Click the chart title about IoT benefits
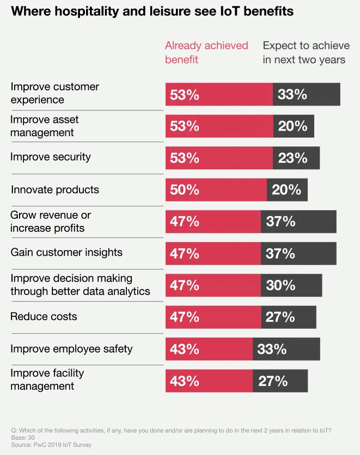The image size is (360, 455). [152, 12]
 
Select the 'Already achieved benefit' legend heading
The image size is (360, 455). [206, 52]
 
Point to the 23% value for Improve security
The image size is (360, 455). [292, 158]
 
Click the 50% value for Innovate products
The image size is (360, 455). [185, 189]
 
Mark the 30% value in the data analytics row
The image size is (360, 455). [280, 285]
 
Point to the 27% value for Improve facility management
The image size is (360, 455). [273, 380]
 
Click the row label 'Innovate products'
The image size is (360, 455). [55, 190]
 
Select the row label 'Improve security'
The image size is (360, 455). [51, 157]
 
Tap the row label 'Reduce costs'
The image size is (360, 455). [44, 316]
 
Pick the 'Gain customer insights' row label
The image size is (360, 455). [66, 253]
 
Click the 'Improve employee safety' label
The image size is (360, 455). [71, 348]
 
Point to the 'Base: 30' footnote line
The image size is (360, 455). [23, 438]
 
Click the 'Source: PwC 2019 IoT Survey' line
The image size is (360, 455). [51, 445]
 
